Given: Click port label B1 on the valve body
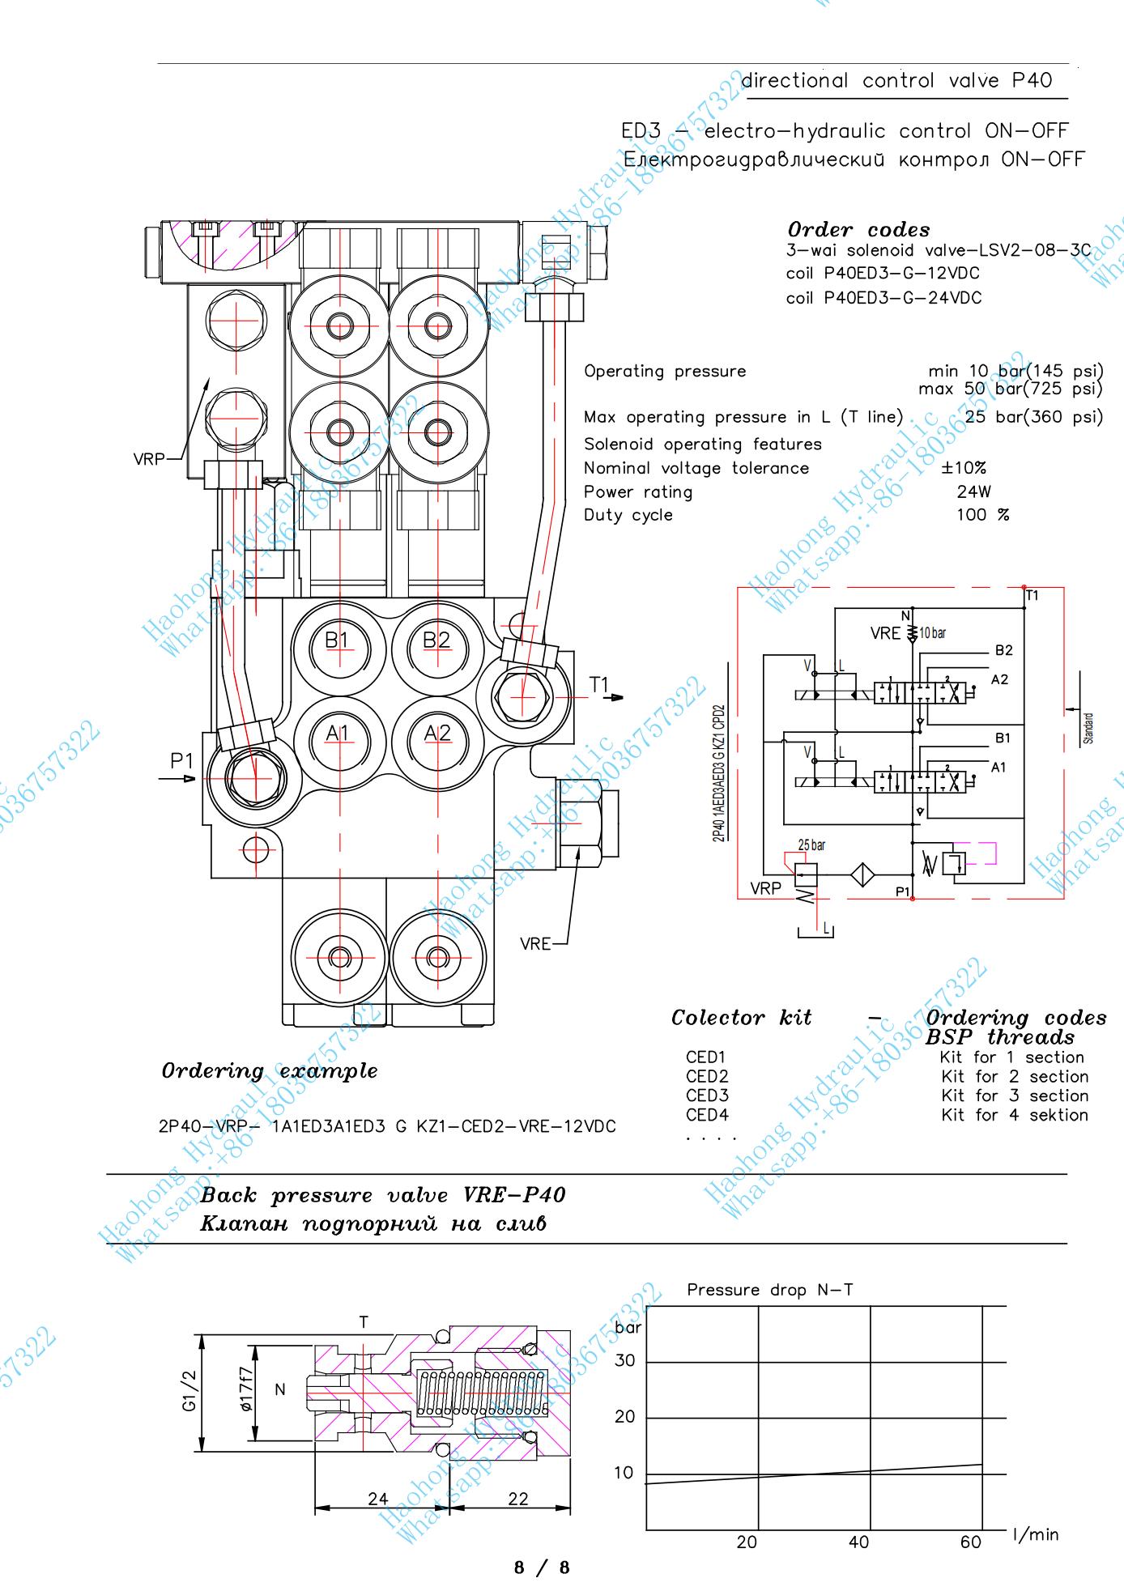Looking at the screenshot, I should click(336, 640).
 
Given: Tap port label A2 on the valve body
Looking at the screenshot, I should click(437, 733).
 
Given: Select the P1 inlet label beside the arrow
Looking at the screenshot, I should click(181, 761).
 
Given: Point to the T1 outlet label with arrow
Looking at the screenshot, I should click(599, 686).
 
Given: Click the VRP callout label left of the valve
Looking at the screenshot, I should click(149, 459).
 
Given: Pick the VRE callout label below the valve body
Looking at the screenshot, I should click(535, 943).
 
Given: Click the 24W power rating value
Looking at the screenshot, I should click(973, 491).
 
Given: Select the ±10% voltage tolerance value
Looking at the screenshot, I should click(964, 468).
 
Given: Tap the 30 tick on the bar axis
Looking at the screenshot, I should click(624, 1361).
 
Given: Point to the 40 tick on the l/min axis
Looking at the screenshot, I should click(858, 1542).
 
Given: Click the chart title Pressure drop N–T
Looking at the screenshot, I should click(769, 1290).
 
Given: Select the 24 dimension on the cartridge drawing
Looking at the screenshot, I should click(378, 1499).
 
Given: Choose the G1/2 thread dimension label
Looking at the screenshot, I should click(189, 1389).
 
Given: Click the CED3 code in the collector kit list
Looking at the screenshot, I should click(707, 1095).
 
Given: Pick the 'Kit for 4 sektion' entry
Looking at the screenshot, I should click(1015, 1115).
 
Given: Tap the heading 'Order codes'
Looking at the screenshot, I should click(858, 229).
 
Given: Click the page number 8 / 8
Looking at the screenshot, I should click(542, 1568).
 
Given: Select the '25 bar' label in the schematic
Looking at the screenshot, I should click(811, 845).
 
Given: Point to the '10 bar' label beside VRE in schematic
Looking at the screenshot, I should click(933, 633).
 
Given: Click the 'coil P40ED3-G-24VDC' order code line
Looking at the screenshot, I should click(883, 298).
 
